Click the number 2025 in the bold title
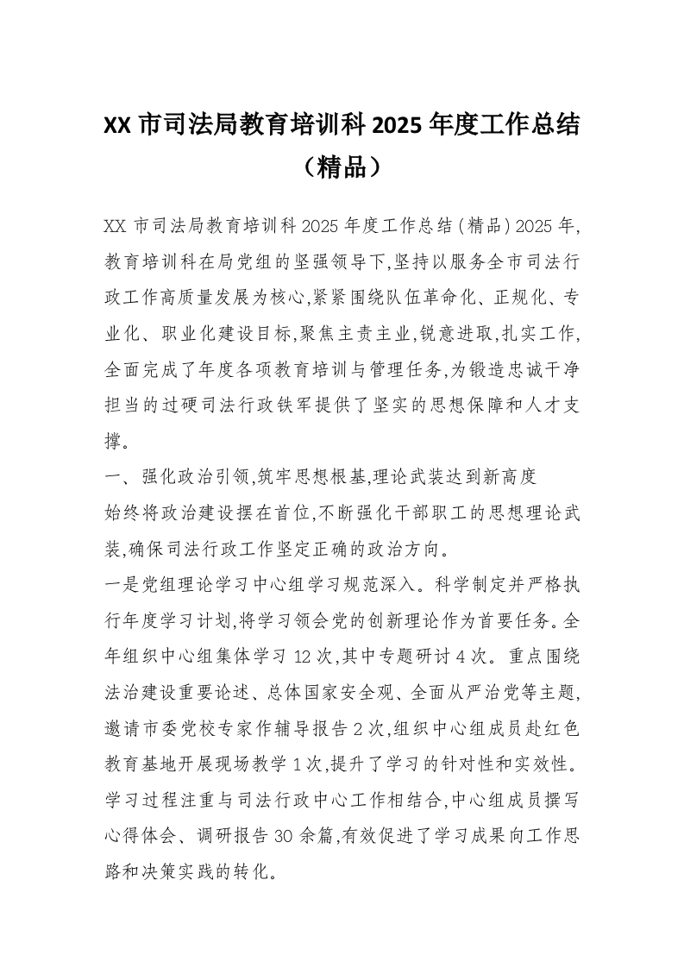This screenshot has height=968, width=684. pyautogui.click(x=399, y=125)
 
